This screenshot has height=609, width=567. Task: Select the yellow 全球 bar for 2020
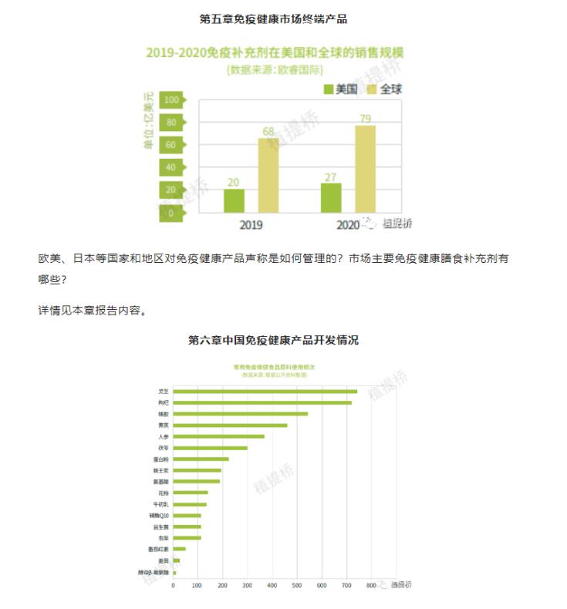365,169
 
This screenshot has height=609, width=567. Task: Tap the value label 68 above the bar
268,131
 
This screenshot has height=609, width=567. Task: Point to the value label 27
331,177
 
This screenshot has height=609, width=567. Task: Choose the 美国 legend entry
340,89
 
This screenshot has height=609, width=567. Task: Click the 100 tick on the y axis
170,99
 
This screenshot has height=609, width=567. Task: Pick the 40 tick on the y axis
170,167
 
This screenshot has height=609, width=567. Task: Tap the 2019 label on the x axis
251,226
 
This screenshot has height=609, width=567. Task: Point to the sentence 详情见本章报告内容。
92,311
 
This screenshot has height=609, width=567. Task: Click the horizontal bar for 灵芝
265,392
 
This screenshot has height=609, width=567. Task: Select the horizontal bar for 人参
218,436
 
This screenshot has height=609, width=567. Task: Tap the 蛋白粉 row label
161,459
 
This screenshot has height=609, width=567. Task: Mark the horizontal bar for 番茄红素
179,549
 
